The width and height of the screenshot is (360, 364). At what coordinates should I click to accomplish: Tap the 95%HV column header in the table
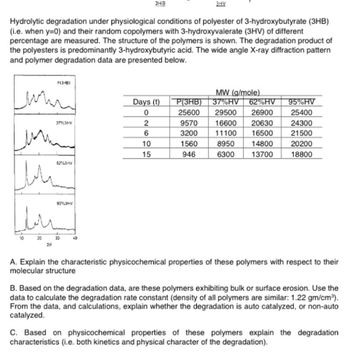[x=301, y=103]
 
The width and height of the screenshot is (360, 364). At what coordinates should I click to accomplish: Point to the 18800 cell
[x=301, y=155]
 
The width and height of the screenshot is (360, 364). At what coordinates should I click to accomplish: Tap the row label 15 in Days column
[x=147, y=155]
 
